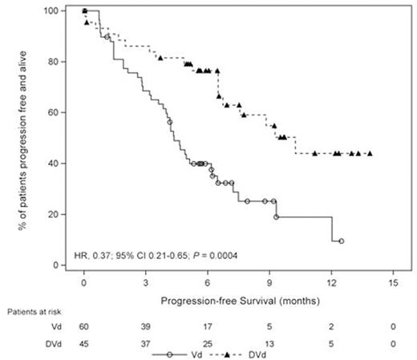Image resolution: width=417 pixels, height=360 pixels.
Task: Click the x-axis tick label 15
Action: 392,283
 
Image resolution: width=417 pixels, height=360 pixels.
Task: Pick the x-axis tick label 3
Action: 145,283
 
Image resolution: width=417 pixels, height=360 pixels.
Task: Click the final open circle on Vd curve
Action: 342,241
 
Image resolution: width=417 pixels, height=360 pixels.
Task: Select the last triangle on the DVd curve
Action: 369,153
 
